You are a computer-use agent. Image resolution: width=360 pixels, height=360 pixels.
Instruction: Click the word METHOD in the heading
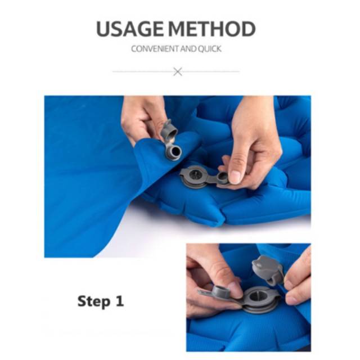click(x=213, y=29)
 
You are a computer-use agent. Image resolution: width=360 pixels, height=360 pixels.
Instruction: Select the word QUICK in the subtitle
click(x=210, y=49)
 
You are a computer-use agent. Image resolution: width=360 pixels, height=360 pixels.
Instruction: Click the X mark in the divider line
click(x=178, y=71)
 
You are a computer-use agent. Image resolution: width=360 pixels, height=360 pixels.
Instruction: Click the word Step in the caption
click(x=94, y=301)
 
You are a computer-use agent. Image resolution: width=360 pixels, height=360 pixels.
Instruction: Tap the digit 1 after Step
click(x=120, y=301)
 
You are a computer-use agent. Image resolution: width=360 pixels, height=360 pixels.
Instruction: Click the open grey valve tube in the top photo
click(x=173, y=151)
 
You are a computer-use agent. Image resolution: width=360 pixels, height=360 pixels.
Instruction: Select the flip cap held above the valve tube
click(x=170, y=130)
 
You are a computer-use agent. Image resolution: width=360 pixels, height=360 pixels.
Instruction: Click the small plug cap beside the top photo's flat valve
click(x=222, y=178)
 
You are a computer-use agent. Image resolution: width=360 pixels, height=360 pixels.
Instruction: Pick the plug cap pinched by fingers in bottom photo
click(x=220, y=291)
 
